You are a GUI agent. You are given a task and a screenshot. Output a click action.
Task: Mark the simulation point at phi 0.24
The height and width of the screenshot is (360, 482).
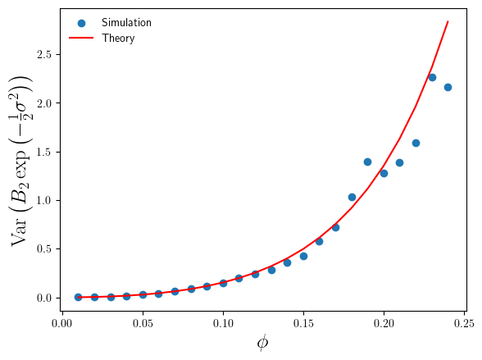(x=448, y=87)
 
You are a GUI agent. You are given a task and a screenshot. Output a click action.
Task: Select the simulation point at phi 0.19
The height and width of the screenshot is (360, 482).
(x=367, y=162)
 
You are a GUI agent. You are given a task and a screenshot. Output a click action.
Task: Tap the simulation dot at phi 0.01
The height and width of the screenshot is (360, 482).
(x=78, y=297)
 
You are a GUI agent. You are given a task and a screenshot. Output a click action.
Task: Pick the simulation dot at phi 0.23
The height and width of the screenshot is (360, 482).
(x=432, y=77)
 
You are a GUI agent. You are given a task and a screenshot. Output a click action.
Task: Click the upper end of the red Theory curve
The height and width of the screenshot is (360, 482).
(x=448, y=21)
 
